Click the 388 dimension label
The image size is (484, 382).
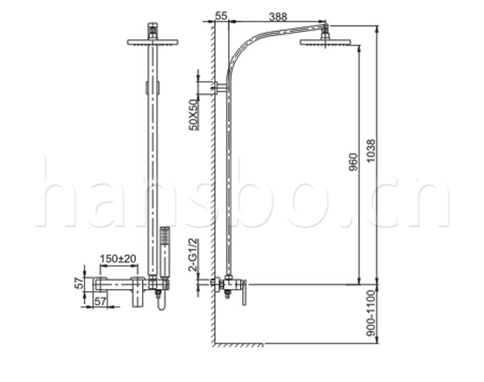[278, 17]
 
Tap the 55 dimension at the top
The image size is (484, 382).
[221, 16]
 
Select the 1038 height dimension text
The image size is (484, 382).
[371, 151]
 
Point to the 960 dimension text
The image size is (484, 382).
[353, 162]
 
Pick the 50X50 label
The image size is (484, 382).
[194, 115]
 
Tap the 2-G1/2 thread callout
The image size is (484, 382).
[192, 255]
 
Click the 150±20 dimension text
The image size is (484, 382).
[118, 258]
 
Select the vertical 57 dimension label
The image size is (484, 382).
[80, 283]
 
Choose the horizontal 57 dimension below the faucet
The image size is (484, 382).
[100, 301]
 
